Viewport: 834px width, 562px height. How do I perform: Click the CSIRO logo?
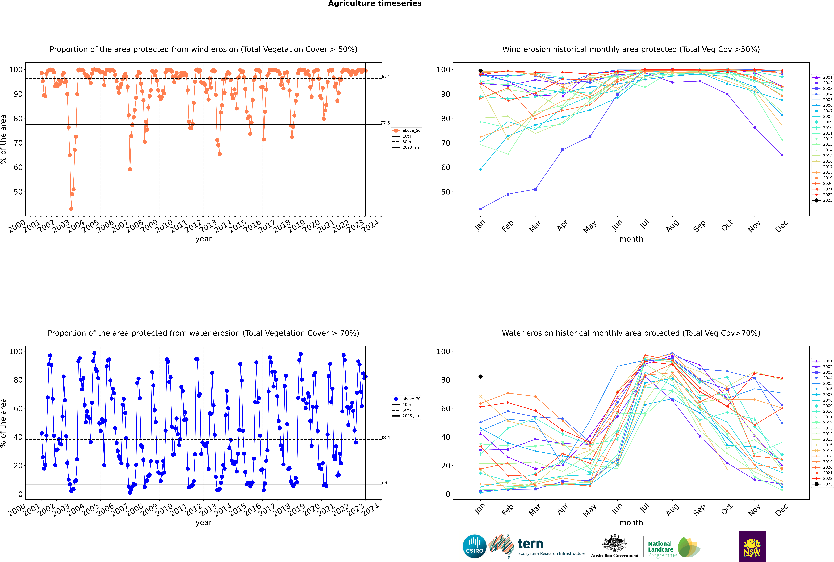pyautogui.click(x=474, y=546)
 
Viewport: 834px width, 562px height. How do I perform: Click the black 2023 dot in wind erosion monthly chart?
pyautogui.click(x=480, y=71)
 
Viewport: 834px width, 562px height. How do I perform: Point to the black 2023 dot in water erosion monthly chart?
pyautogui.click(x=480, y=376)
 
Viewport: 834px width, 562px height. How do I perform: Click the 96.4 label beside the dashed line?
pyautogui.click(x=385, y=77)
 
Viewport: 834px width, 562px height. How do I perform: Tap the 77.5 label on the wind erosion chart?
pyautogui.click(x=385, y=123)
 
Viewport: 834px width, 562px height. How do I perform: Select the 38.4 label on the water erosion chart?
pyautogui.click(x=385, y=438)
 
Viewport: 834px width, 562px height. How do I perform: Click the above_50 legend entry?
pyautogui.click(x=411, y=130)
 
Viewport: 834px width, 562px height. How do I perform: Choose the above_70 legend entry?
pyautogui.click(x=411, y=399)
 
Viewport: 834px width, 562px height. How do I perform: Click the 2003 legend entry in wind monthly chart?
pyautogui.click(x=828, y=89)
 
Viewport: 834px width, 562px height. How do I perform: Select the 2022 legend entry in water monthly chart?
pyautogui.click(x=828, y=478)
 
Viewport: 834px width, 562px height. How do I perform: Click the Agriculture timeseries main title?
pyautogui.click(x=375, y=4)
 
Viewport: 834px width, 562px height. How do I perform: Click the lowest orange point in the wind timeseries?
pyautogui.click(x=71, y=209)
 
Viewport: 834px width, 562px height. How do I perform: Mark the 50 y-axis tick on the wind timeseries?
pyautogui.click(x=18, y=192)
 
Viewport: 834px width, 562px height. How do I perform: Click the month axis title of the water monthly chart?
pyautogui.click(x=631, y=523)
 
